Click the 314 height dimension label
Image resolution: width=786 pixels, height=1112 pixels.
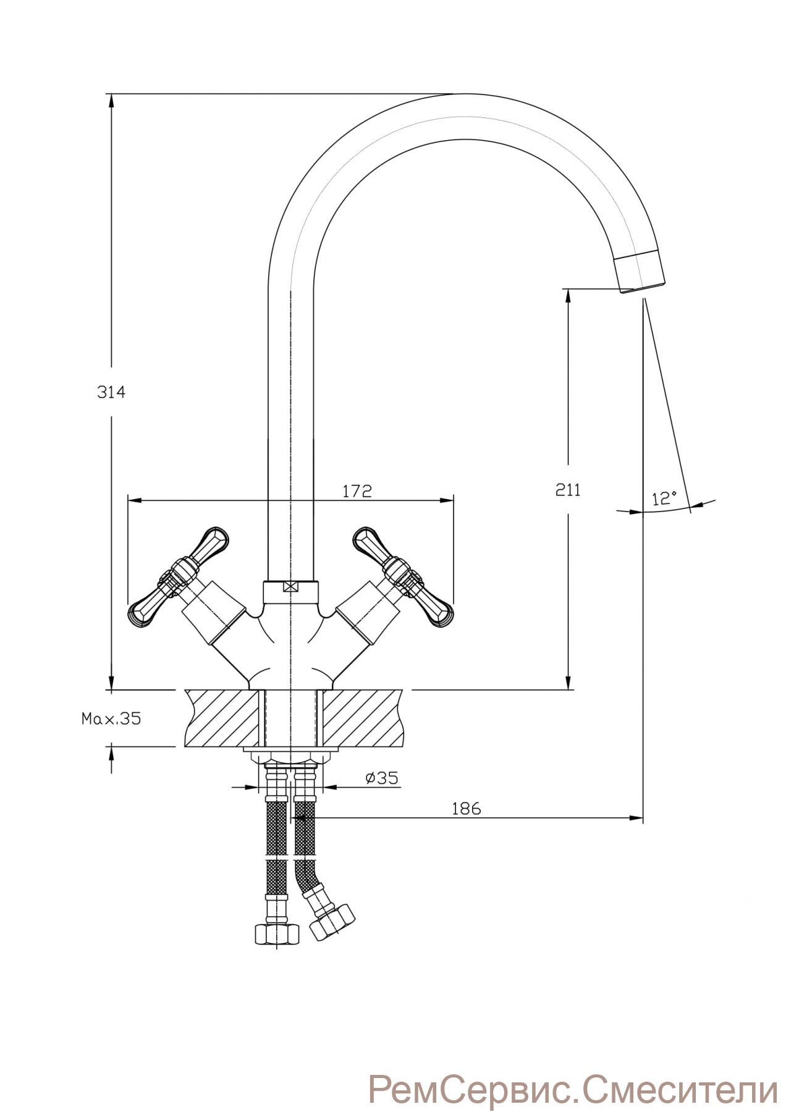tap(111, 392)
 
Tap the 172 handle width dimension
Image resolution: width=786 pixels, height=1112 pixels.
tap(357, 491)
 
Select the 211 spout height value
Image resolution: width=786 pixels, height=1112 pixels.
tap(568, 490)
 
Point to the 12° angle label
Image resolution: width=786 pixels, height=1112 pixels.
tap(664, 498)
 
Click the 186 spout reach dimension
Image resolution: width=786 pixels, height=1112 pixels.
tap(466, 808)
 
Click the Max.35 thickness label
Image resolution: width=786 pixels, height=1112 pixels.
tap(111, 718)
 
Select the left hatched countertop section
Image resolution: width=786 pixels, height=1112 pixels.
tap(221, 718)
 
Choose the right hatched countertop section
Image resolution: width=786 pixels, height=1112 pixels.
tap(361, 718)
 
